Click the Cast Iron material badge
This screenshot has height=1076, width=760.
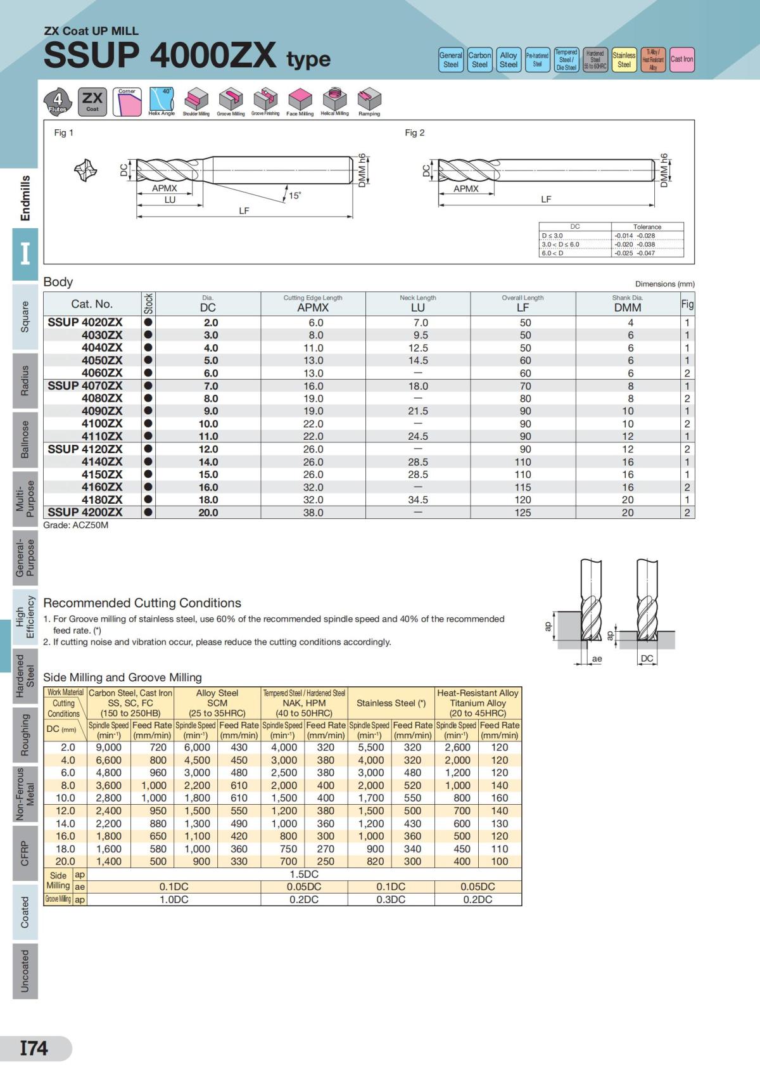coord(681,60)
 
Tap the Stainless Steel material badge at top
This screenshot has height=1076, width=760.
coord(624,60)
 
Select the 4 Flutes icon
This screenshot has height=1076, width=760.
coord(58,101)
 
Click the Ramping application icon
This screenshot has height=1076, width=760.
coord(369,101)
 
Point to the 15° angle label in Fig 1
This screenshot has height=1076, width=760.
coord(294,196)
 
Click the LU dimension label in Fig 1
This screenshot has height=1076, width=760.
coord(170,200)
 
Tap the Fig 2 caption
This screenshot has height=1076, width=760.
coord(414,132)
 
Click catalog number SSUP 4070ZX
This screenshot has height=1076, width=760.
coord(85,385)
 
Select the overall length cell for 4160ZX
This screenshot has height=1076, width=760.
coord(522,487)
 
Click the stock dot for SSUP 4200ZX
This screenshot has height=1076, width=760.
coord(148,512)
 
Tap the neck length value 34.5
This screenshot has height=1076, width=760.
coord(417,500)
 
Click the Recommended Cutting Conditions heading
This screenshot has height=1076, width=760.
coord(142,603)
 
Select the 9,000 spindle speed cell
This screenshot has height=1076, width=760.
coord(108,748)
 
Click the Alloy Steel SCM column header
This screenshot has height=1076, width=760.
coord(217,703)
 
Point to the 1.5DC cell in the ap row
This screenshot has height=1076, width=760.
coord(304,874)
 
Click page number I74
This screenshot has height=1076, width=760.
coord(34,1048)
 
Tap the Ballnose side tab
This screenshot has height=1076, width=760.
coord(25,439)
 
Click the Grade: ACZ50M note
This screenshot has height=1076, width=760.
coord(75,525)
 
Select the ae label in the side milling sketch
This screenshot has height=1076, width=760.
coord(597,659)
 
